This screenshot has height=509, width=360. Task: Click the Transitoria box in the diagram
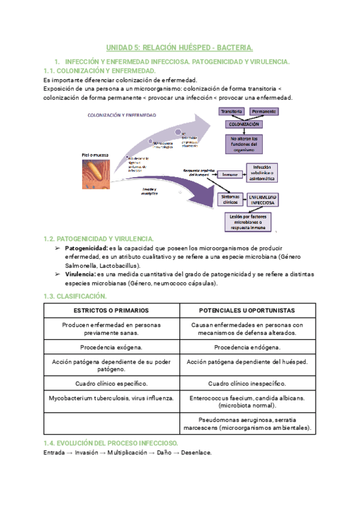click(x=231, y=112)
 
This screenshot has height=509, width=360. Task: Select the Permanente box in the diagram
click(x=263, y=112)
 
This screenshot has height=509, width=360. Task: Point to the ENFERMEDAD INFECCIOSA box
click(x=263, y=199)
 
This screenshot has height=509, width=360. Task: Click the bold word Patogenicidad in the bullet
click(x=86, y=248)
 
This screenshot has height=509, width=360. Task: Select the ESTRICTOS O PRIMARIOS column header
click(x=112, y=310)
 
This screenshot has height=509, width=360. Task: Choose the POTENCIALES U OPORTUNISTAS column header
click(x=247, y=310)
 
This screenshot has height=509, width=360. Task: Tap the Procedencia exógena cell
click(x=112, y=348)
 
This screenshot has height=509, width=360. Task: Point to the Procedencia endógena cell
click(x=247, y=348)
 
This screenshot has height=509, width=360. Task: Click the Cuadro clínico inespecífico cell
click(x=247, y=384)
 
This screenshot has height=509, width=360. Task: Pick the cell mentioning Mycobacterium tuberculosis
click(x=112, y=398)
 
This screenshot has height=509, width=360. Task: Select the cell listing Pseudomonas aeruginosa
click(x=247, y=424)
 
